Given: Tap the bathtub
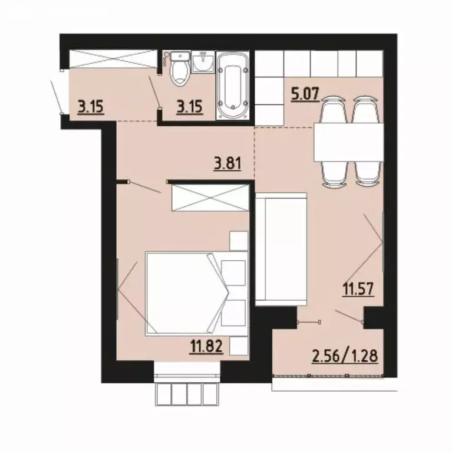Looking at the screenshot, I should [x=234, y=88].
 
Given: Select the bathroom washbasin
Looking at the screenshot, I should [x=204, y=61].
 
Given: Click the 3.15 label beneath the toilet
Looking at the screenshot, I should [x=190, y=107].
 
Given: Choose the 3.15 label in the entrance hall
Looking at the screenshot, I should [x=91, y=107].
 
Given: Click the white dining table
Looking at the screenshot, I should [x=348, y=142].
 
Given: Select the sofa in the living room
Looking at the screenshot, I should [x=281, y=248].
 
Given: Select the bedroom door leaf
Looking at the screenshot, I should [x=144, y=188].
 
